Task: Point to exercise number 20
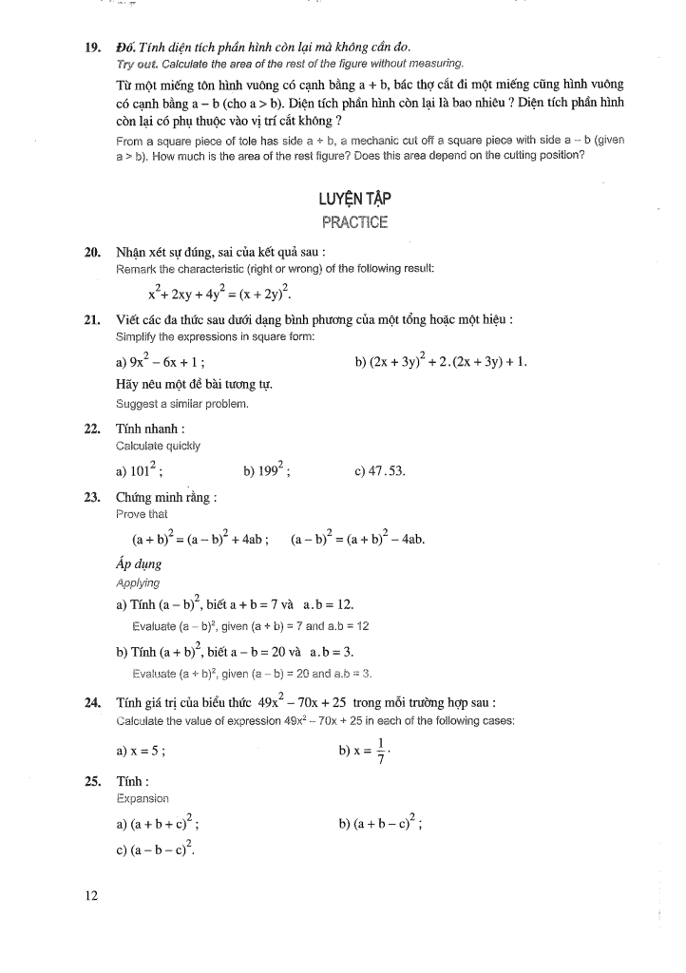tap(93, 253)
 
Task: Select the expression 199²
tap(271, 468)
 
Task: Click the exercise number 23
tap(93, 497)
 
